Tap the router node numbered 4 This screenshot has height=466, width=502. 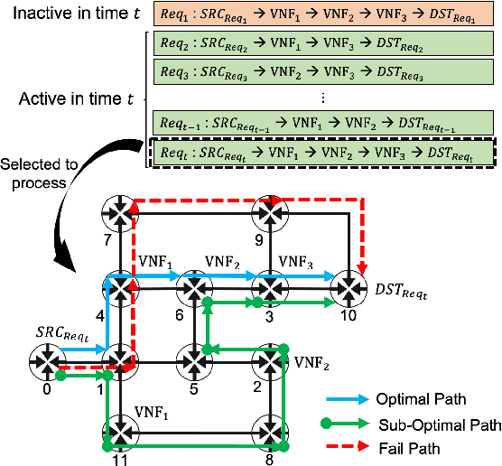pos(119,287)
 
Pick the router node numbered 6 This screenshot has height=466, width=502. pos(193,287)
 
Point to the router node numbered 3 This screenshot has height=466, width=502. pos(268,287)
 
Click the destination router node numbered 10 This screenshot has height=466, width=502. pos(349,287)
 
